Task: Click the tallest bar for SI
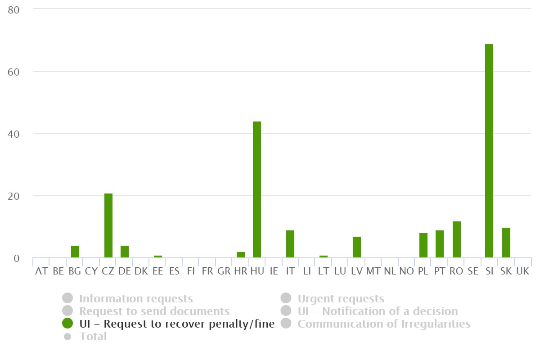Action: point(489,151)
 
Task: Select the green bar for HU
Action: point(257,189)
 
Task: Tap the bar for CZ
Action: point(108,225)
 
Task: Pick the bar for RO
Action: point(457,239)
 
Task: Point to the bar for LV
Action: point(357,247)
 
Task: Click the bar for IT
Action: point(290,244)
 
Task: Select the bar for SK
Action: point(506,243)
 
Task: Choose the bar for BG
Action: point(75,252)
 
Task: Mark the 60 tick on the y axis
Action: point(14,72)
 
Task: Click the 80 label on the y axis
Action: point(14,9)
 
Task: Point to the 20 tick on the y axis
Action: point(14,196)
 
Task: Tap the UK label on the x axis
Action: point(523,271)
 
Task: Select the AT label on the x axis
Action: point(41,271)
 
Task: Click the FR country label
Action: point(207,271)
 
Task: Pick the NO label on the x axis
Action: point(406,271)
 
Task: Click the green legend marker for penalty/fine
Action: point(67,323)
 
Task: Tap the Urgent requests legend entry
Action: point(341,298)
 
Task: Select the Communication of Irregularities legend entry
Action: point(384,324)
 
